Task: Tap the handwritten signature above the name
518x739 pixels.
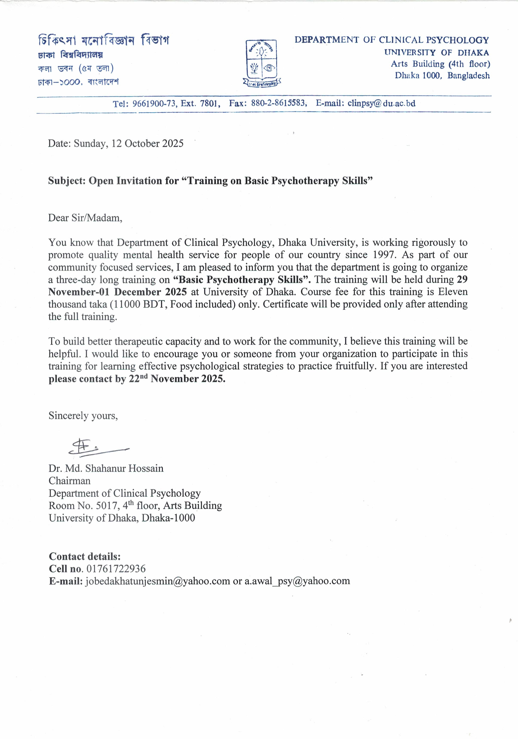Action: (97, 447)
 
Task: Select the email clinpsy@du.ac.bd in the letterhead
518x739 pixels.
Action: (381, 103)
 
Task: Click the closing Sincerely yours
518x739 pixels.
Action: (83, 416)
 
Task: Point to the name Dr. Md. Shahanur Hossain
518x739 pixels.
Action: (106, 468)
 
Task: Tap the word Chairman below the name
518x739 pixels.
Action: (69, 481)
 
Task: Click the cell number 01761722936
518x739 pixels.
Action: (116, 569)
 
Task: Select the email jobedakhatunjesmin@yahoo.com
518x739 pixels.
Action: (157, 581)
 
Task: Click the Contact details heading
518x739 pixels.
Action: (85, 556)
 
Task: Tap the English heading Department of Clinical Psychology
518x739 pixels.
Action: (392, 40)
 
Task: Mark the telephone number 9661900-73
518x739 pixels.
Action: (154, 104)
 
